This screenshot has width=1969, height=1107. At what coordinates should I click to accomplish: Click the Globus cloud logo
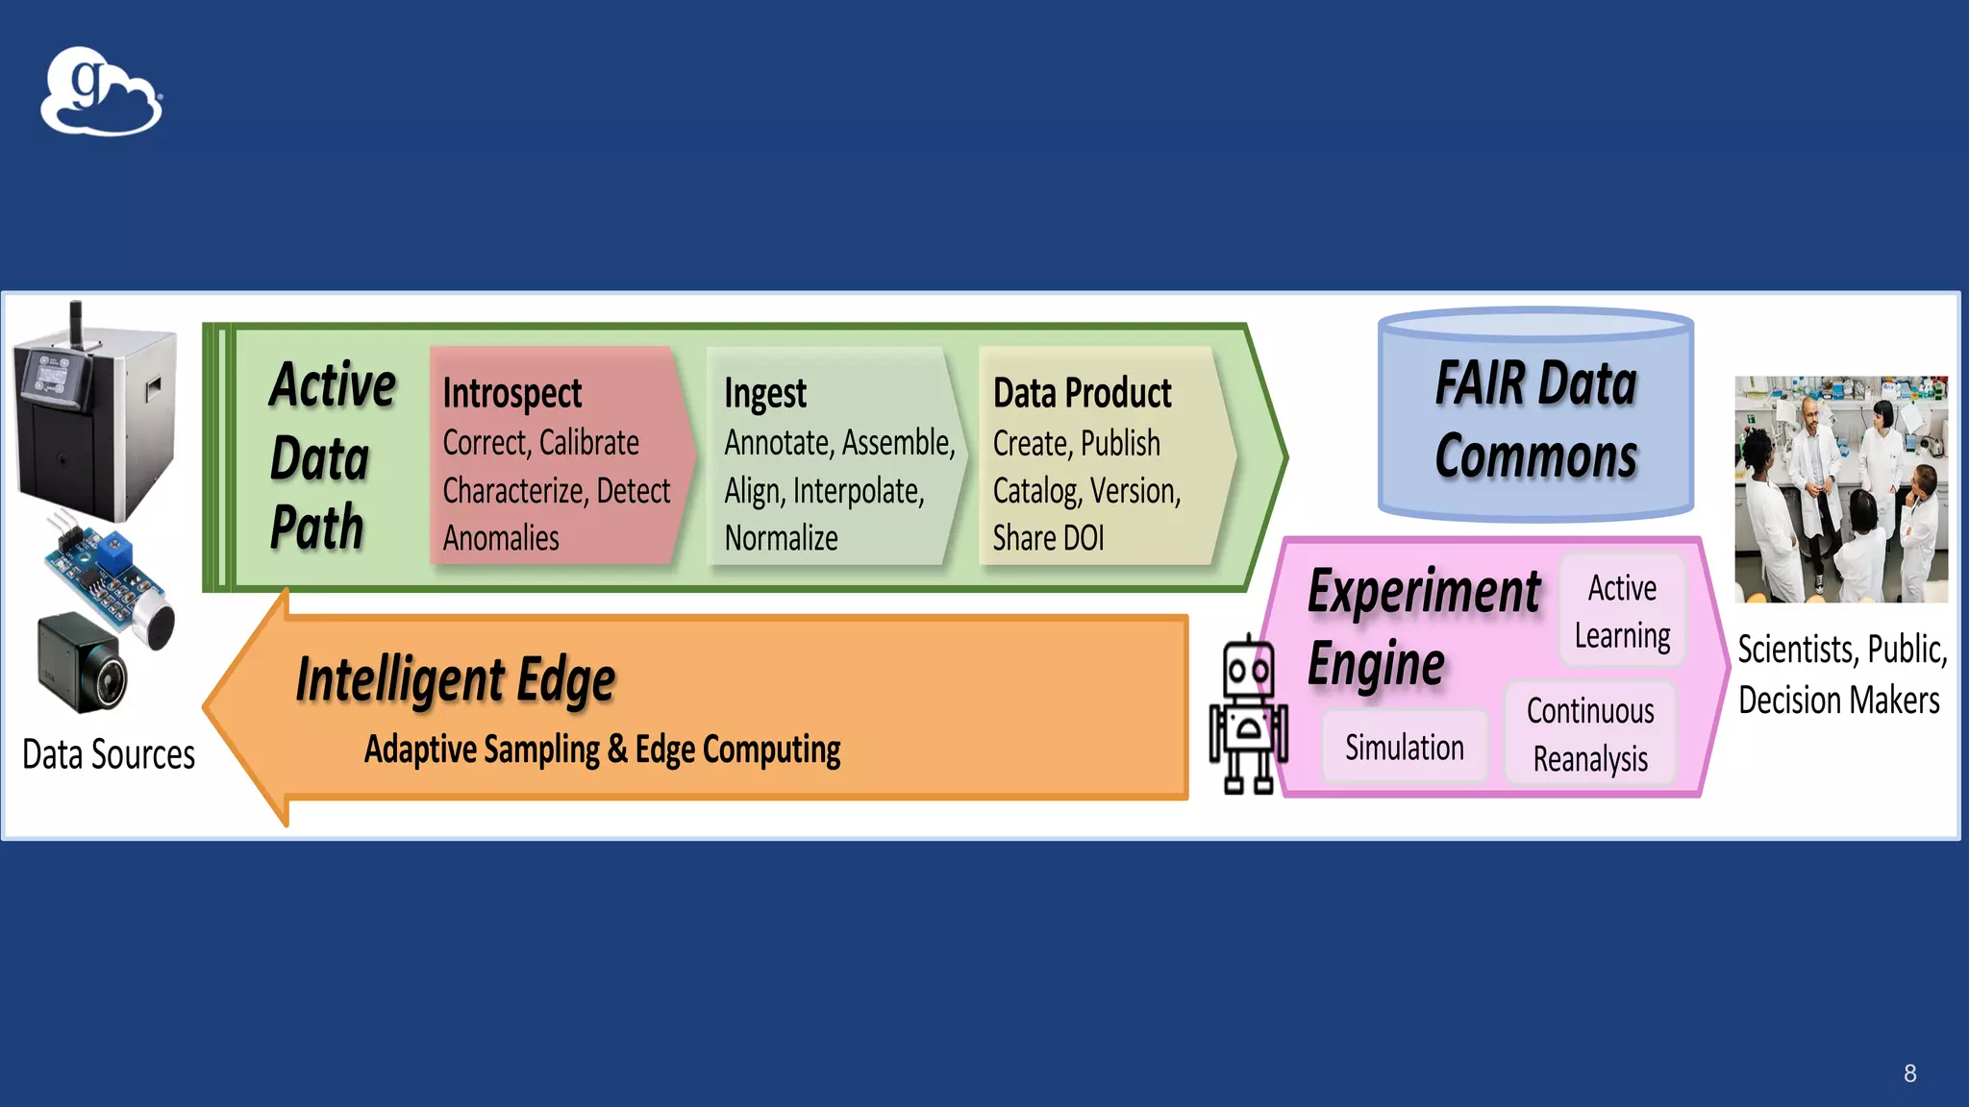101,91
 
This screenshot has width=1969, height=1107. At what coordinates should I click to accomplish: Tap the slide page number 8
1909,1073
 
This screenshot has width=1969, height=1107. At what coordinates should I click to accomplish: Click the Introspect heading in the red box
512,394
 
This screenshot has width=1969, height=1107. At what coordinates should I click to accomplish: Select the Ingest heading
765,394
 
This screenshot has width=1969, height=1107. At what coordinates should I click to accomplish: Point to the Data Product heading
1082,394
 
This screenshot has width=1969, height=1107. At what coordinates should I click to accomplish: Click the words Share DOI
1048,538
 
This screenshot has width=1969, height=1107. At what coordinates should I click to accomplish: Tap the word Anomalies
501,538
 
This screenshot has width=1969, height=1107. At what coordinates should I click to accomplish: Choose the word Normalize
781,538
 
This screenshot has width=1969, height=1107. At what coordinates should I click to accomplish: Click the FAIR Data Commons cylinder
1535,415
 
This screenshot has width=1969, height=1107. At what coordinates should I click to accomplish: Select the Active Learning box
1622,611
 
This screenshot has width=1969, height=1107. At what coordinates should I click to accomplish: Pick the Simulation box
1404,747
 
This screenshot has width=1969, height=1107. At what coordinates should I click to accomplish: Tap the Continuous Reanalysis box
1590,734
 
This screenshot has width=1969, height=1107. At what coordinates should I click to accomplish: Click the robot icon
1248,716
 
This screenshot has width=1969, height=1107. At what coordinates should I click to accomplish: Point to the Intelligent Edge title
456,679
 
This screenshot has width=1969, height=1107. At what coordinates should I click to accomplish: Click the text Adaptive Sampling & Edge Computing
602,750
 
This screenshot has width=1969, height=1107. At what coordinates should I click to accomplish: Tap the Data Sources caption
109,754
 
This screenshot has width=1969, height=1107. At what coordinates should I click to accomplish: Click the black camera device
85,663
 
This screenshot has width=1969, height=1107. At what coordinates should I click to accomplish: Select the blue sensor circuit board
106,572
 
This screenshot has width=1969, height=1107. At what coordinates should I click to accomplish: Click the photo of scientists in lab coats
1840,489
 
